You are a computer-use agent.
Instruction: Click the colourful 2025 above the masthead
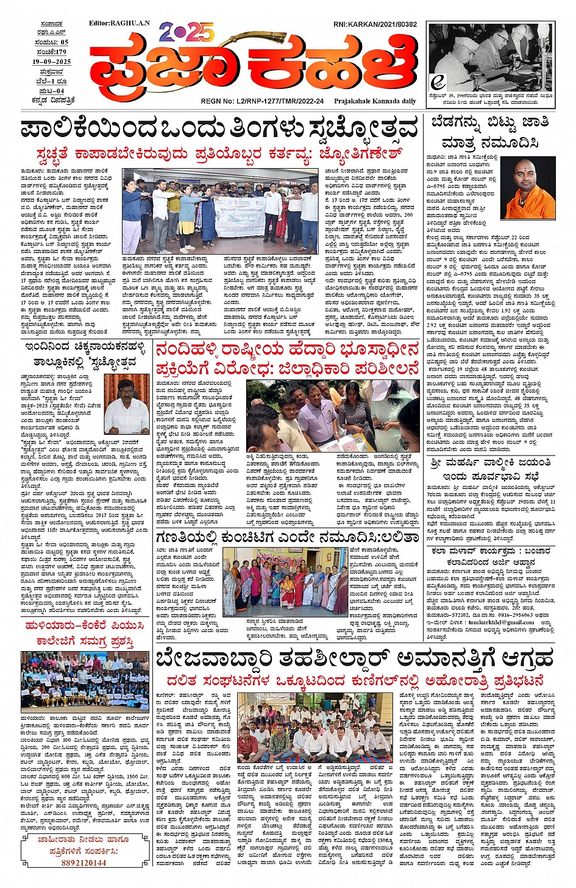pyautogui.click(x=187, y=31)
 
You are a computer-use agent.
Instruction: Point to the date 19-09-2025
pyautogui.click(x=52, y=62)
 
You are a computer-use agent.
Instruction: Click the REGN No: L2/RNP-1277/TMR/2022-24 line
pyautogui.click(x=262, y=101)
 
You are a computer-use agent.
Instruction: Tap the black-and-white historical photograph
pyautogui.click(x=491, y=58)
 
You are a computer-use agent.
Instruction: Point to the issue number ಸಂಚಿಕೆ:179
pyautogui.click(x=52, y=52)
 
